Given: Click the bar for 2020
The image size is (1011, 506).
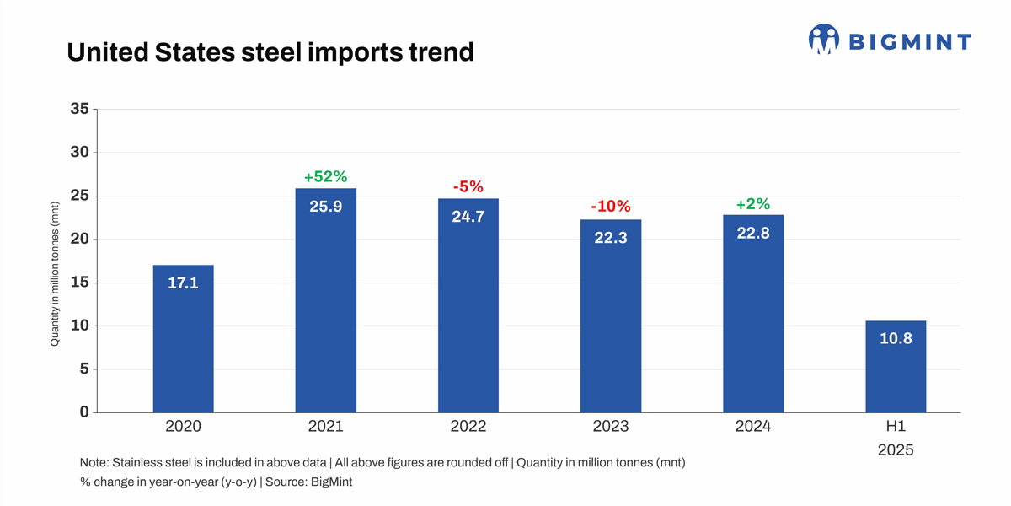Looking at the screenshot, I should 183,338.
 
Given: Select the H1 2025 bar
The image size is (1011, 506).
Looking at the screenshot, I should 896,366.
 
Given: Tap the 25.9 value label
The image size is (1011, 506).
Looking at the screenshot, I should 325,206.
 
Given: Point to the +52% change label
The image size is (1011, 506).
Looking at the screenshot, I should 325,176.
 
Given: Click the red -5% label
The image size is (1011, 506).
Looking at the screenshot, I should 468,186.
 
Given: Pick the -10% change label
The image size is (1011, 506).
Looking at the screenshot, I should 611,207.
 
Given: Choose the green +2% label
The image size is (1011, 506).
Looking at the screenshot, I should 753,204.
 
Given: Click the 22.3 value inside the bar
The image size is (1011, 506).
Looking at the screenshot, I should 611,238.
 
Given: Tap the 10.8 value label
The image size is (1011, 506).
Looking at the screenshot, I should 896,338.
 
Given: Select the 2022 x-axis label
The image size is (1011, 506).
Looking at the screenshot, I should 468,427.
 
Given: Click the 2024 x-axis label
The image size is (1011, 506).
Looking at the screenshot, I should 753,427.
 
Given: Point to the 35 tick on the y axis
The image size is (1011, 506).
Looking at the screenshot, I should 79,109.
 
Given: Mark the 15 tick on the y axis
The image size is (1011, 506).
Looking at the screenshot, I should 79,283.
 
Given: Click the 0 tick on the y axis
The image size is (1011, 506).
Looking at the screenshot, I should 84,412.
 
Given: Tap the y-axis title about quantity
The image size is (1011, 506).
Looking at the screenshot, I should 55,273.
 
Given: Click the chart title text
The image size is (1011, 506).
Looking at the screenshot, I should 270,52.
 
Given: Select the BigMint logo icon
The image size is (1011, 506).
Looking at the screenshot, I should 824,40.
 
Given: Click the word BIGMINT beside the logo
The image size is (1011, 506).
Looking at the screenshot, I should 910,41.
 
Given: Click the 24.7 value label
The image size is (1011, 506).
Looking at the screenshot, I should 468,216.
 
